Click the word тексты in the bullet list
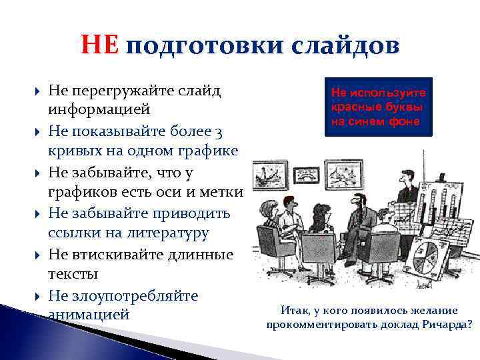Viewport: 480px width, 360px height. point(73,274)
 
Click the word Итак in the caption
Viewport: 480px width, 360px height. point(295,311)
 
